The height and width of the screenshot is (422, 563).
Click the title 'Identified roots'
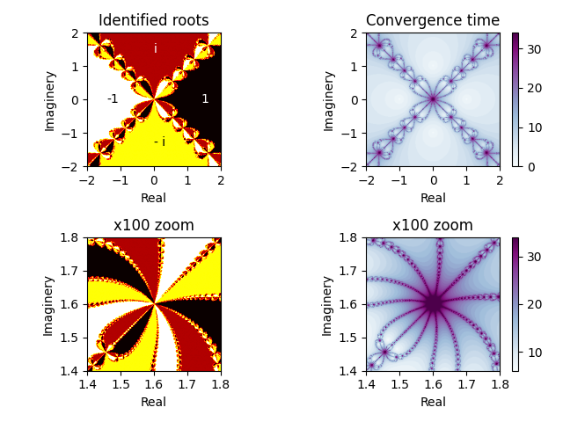click(x=154, y=20)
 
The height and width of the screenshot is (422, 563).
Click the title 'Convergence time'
click(x=433, y=20)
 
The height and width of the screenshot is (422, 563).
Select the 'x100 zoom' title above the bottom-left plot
click(x=154, y=225)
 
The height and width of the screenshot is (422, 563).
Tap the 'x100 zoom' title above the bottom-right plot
click(x=433, y=225)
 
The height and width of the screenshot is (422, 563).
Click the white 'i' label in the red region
click(x=156, y=49)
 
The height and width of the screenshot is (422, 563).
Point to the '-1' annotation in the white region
click(x=113, y=99)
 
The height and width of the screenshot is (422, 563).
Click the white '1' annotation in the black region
click(x=205, y=99)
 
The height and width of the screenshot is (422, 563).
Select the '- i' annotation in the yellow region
click(x=159, y=142)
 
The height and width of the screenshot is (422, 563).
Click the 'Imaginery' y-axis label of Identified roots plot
click(x=50, y=99)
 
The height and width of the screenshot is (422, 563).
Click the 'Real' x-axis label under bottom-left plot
click(x=154, y=403)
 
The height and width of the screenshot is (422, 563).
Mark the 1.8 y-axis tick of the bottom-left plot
click(x=73, y=237)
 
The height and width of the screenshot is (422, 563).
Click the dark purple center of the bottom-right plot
click(x=433, y=304)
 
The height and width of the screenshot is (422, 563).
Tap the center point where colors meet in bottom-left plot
click(x=154, y=304)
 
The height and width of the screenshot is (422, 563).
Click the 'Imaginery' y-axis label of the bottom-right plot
click(x=329, y=304)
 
